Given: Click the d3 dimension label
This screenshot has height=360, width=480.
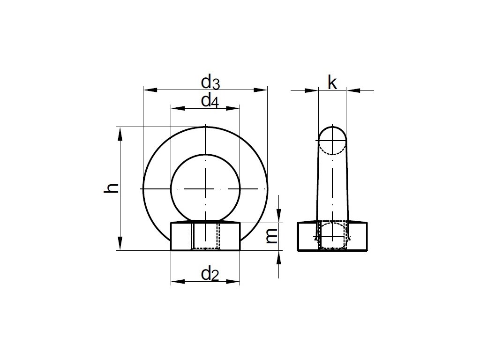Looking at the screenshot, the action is pos(210,82).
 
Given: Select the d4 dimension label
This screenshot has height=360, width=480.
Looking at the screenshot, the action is pos(210,101).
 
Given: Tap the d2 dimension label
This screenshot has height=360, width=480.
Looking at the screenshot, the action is pos(210,274).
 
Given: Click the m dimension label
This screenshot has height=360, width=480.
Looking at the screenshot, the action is pos(271,236).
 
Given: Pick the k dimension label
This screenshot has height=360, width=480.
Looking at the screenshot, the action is pos(332,82).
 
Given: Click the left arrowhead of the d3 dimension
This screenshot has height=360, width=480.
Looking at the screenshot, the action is pos(150,90).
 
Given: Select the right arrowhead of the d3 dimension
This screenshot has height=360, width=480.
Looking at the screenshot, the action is pos(261,90).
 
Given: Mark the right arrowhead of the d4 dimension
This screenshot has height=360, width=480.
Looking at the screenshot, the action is pos(232,108).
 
